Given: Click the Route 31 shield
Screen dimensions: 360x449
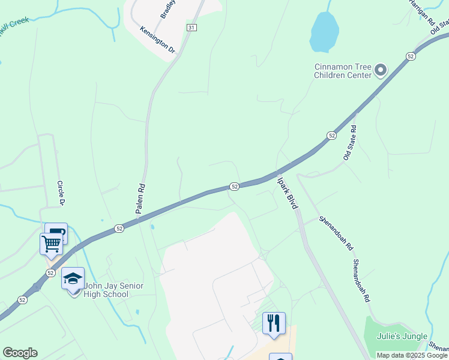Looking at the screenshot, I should (x=191, y=28).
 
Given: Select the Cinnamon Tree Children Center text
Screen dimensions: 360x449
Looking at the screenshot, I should (x=343, y=71).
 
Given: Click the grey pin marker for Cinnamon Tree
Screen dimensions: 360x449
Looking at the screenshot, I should (x=381, y=71).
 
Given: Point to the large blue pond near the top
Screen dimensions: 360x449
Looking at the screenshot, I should (x=324, y=32).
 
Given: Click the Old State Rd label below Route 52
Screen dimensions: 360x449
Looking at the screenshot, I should (x=350, y=142).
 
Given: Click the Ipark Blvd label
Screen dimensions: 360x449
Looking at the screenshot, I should (x=287, y=191).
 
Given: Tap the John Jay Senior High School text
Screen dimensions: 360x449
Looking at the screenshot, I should (x=114, y=290).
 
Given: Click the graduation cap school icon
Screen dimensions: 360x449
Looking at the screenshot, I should (x=73, y=278).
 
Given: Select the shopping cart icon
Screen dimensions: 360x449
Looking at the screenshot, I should (x=51, y=244).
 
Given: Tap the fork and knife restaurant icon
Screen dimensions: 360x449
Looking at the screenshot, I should (x=274, y=323).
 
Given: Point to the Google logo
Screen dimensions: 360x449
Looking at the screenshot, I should (x=20, y=353).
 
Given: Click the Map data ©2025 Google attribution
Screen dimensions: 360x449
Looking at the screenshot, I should (x=412, y=355).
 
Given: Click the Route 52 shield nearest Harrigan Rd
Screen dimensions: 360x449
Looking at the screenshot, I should (x=411, y=56).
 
